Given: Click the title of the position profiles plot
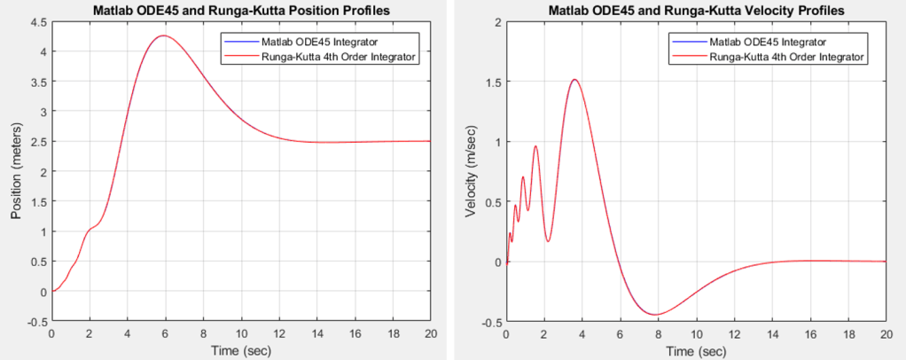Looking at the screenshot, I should tap(240, 10).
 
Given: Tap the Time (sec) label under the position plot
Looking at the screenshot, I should tap(240, 351).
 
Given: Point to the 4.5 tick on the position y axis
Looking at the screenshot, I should tap(38, 22).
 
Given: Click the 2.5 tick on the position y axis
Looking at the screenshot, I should tap(38, 142).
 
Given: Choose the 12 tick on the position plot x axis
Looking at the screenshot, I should tap(278, 333).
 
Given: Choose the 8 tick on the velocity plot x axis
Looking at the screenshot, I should tap(657, 333).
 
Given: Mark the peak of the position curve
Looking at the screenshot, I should tap(163, 36).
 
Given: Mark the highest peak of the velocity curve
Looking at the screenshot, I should tap(574, 80).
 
